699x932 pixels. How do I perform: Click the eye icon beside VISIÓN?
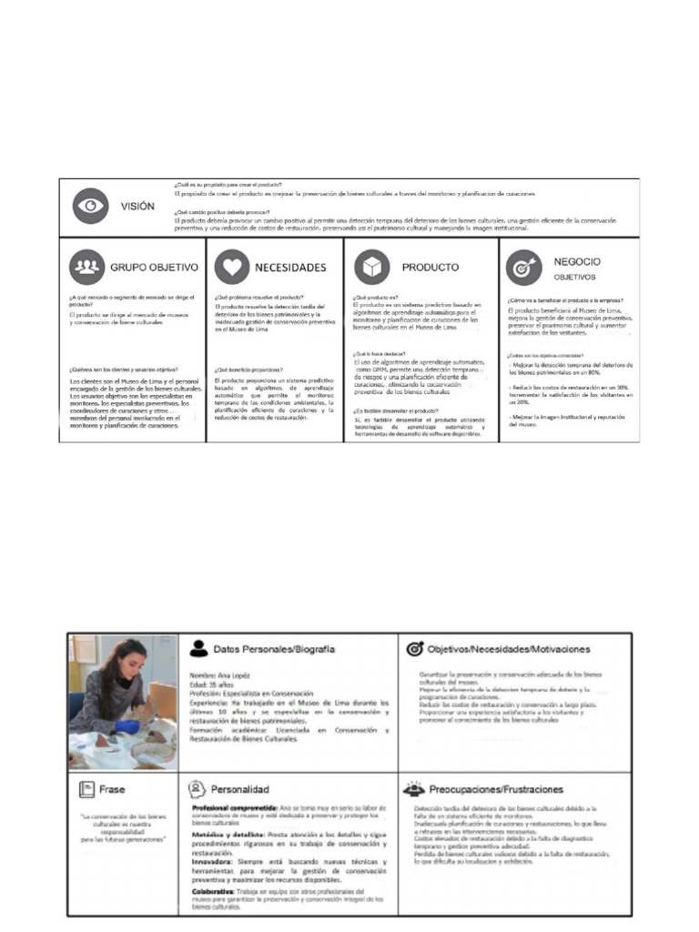coord(90,207)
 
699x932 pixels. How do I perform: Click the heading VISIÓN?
coord(138,207)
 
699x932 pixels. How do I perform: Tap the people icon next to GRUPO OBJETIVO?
coord(86,267)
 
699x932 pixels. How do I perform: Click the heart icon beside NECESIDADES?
coord(231,267)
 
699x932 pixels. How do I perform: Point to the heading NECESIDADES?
coord(291,268)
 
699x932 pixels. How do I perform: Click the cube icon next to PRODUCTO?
coord(373,267)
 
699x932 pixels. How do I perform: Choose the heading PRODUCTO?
coord(431,268)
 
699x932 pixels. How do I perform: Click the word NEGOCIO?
coord(578,261)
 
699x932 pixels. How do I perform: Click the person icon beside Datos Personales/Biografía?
coord(198,649)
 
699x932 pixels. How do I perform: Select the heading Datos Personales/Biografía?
coord(274,649)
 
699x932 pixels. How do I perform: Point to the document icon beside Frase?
coord(86,789)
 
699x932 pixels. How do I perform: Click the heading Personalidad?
coord(240,789)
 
